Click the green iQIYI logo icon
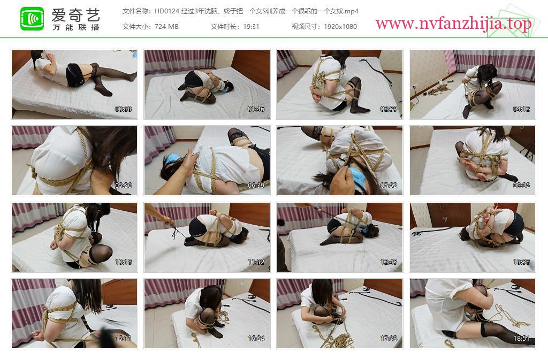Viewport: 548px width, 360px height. pos(32,19)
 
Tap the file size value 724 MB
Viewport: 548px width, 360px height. pos(166,27)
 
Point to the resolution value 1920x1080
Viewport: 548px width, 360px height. pos(340,27)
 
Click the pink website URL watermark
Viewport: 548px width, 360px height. pos(454,24)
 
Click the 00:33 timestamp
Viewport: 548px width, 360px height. pos(124,109)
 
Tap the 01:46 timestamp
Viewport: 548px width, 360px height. pos(256,109)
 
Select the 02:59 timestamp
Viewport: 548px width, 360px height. pos(389,109)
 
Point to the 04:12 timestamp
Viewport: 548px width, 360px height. pos(521,109)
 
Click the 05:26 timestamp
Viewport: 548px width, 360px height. pos(124,186)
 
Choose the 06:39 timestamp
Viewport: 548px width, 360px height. pos(256,186)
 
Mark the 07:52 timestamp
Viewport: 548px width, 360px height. pos(389,186)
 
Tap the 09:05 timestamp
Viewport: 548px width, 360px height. pos(521,186)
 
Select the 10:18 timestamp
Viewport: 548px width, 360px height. pos(124,262)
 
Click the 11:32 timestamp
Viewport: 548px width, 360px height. pos(256,262)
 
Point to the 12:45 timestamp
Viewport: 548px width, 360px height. pos(389,262)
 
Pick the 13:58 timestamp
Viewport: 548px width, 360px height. pos(521,262)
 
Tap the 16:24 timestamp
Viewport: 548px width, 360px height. pos(256,339)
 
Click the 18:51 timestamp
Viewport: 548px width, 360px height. pos(521,339)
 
